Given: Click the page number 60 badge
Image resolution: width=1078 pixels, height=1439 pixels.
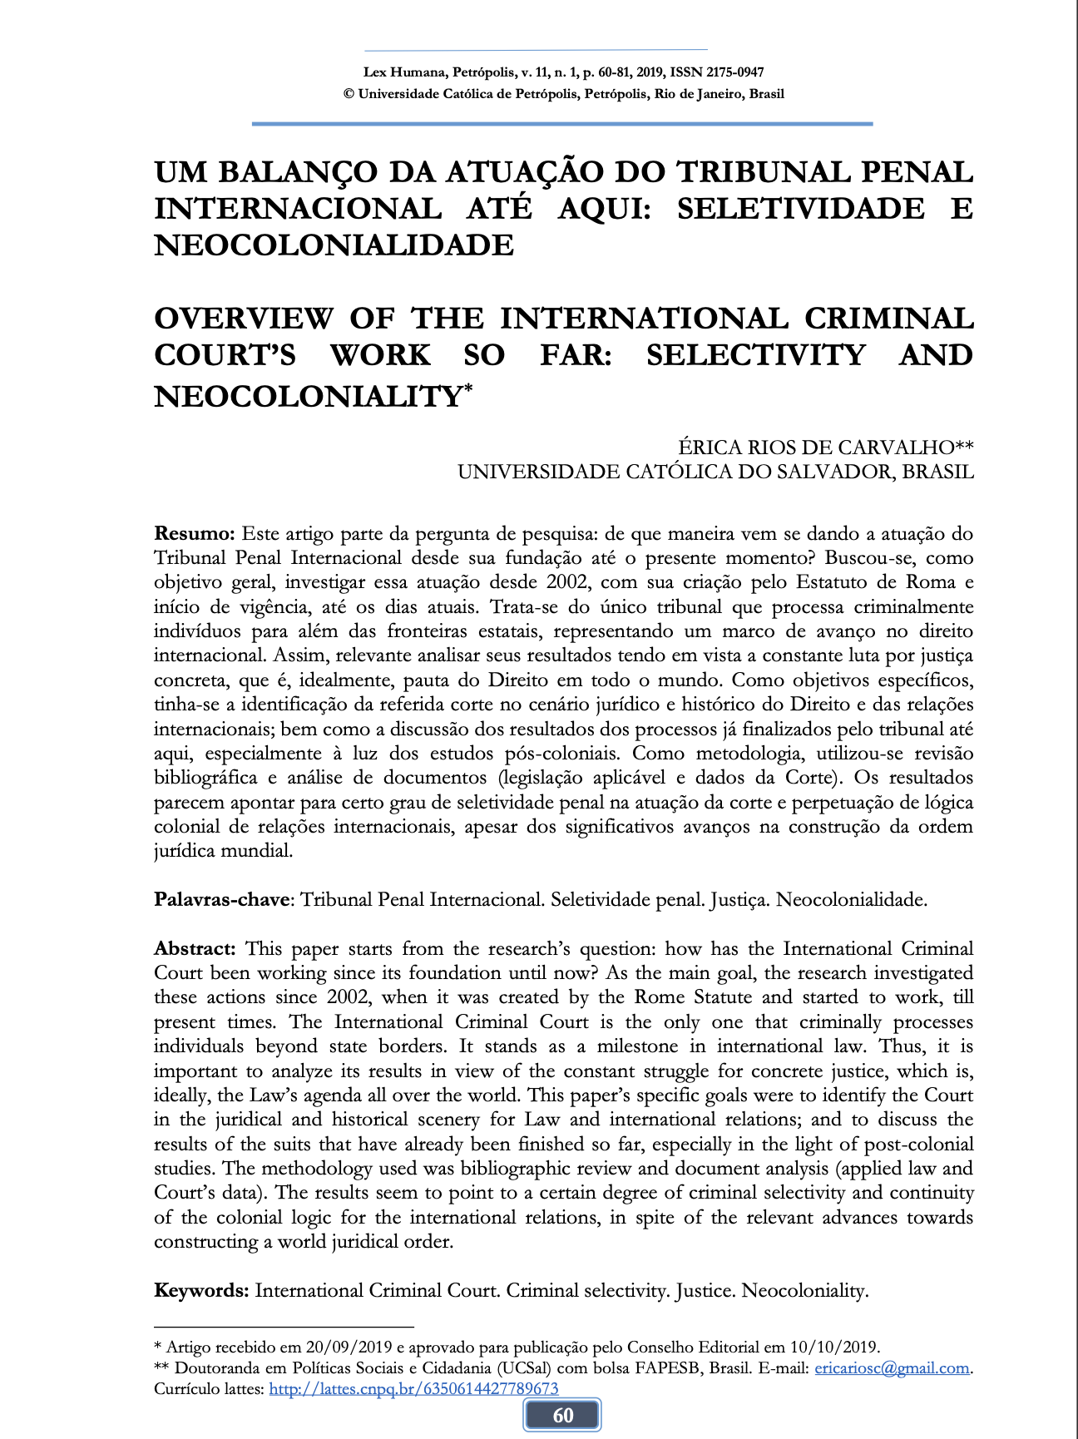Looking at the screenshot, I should pyautogui.click(x=562, y=1416).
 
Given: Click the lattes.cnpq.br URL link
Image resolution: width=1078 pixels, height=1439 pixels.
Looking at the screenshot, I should pyautogui.click(x=413, y=1388).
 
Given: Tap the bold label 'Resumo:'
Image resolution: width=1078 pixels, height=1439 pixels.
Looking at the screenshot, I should pyautogui.click(x=196, y=533).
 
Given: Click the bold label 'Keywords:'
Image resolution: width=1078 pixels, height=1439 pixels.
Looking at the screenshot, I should pyautogui.click(x=201, y=1290).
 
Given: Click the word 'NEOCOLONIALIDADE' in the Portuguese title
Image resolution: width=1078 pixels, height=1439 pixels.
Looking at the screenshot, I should pyautogui.click(x=334, y=245).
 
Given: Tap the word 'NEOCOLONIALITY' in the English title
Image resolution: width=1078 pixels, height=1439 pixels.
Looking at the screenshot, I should pyautogui.click(x=307, y=396).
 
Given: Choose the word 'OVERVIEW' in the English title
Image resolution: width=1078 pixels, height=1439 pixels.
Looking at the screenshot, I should pyautogui.click(x=244, y=319).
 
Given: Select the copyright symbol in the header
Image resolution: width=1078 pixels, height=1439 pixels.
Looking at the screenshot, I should pyautogui.click(x=349, y=94).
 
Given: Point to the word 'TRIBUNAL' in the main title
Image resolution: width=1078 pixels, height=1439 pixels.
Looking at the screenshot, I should pyautogui.click(x=757, y=172).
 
